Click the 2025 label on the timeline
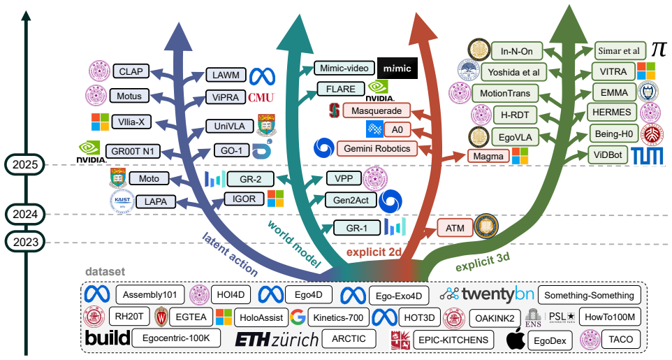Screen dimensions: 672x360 tap(25, 164)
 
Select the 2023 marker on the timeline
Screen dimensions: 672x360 tap(25, 242)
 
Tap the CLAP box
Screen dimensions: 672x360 tap(131, 71)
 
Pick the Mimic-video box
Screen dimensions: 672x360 tap(344, 69)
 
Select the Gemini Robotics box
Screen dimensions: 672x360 tap(377, 148)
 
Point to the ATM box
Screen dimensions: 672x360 tap(455, 228)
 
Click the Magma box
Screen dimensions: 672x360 tap(488, 156)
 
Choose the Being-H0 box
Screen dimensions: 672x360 tap(614, 134)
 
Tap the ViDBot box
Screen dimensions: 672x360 tap(608, 155)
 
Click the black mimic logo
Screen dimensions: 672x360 tap(397, 69)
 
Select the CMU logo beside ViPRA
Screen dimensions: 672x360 tap(261, 97)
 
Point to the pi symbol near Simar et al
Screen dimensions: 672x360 tap(659, 50)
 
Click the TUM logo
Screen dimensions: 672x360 tap(647, 156)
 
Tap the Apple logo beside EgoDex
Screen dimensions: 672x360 tap(516, 340)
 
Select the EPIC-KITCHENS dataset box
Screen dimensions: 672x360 tap(453, 340)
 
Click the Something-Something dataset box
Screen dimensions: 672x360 tap(589, 295)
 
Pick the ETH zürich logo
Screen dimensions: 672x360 tap(277, 340)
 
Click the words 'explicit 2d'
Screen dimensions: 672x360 tap(373, 252)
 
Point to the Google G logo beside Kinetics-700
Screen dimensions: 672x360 tap(298, 317)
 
